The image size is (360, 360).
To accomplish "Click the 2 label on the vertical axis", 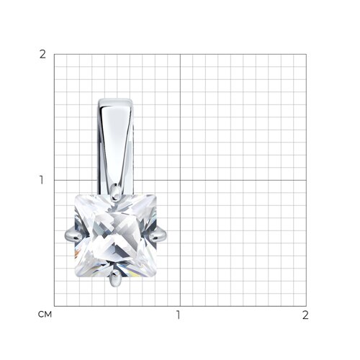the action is pyautogui.click(x=42, y=55).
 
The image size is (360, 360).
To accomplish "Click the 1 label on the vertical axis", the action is pyautogui.click(x=42, y=180).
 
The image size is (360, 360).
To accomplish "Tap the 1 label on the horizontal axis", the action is pyautogui.click(x=178, y=315).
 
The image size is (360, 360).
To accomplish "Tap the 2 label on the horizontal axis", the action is pyautogui.click(x=305, y=315).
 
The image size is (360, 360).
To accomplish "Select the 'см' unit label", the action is pyautogui.click(x=45, y=314).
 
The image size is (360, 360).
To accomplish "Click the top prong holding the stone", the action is pyautogui.click(x=116, y=192).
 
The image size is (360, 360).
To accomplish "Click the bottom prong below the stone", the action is pyautogui.click(x=115, y=279).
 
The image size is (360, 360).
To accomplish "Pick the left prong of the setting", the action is pyautogui.click(x=73, y=234).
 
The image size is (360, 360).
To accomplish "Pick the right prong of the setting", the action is pyautogui.click(x=158, y=234).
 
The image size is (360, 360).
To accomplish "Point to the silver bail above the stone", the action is pyautogui.click(x=115, y=146).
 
